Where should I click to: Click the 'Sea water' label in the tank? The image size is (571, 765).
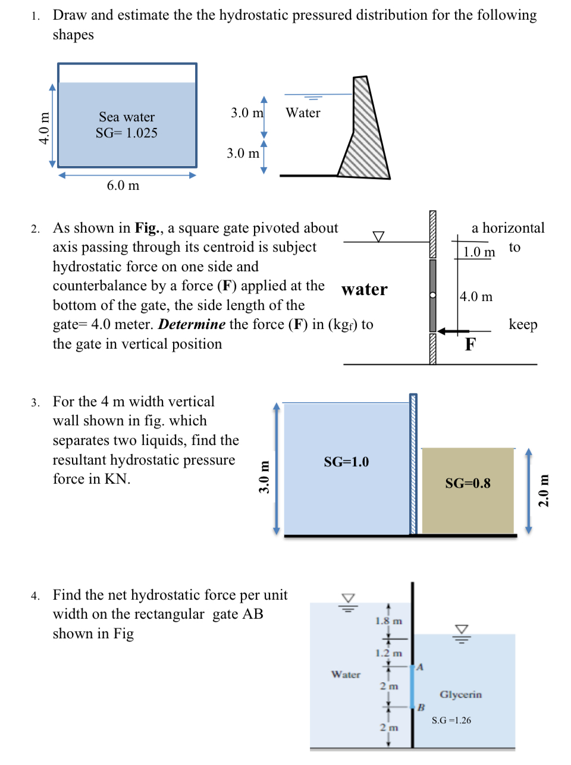pos(127,117)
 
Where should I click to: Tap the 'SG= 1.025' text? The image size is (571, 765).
pos(127,133)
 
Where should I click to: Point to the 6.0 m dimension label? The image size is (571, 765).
pos(123,186)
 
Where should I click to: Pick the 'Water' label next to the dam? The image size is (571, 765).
pos(303,113)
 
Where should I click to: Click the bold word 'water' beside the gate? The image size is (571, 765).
pos(364,290)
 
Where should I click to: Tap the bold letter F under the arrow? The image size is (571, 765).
pos(470,344)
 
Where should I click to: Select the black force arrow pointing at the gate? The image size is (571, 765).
pos(453,331)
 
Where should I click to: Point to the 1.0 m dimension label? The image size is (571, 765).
pos(479,252)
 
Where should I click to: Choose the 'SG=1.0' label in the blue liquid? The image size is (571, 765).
pos(346,462)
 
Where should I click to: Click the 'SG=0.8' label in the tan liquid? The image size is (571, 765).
pos(468,484)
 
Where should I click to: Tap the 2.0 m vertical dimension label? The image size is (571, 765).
pos(544,490)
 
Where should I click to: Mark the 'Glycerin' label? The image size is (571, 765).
pos(460,695)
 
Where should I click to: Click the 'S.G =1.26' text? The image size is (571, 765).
pos(451,720)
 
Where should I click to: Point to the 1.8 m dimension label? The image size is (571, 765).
pos(388,621)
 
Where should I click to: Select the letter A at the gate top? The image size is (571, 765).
pos(420,667)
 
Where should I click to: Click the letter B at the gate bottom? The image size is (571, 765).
pos(421,707)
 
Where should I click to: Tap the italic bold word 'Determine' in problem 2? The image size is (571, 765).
pos(192,325)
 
